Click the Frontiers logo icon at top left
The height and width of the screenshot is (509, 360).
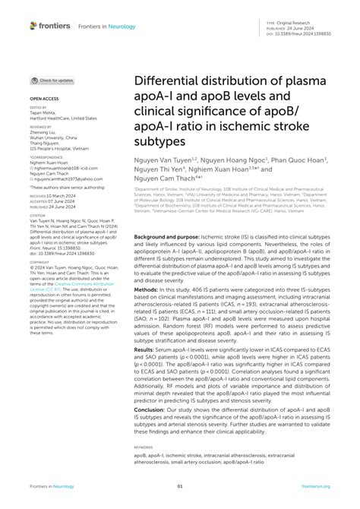pyautogui.click(x=33, y=26)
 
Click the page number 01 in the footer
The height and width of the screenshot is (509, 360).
pyautogui.click(x=180, y=487)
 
